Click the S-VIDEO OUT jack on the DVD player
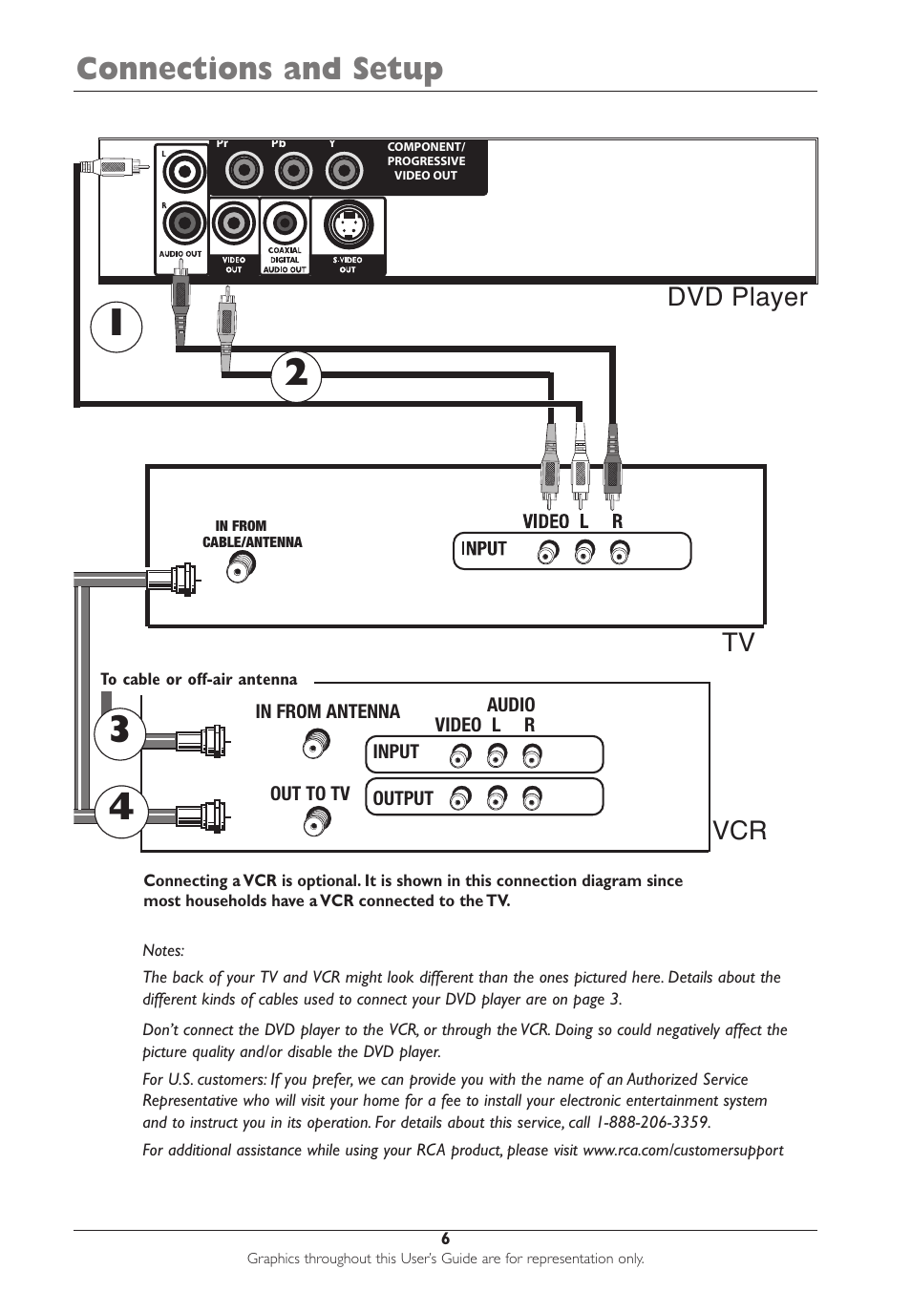point(348,226)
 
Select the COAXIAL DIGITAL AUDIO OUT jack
point(284,224)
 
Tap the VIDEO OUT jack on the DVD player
point(233,224)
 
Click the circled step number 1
point(116,326)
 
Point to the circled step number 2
point(296,375)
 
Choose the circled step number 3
point(119,730)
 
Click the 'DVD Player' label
point(737,297)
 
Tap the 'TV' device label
point(738,643)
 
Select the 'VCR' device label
point(740,831)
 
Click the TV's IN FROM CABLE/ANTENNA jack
point(241,569)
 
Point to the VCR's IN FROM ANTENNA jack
point(316,742)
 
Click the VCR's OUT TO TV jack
point(317,821)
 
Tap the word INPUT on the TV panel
point(484,549)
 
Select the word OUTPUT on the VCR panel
point(403,798)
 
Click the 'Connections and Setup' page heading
point(260,69)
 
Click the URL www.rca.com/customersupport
point(683,1151)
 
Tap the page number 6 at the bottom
point(445,1238)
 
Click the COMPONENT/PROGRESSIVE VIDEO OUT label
point(426,161)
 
